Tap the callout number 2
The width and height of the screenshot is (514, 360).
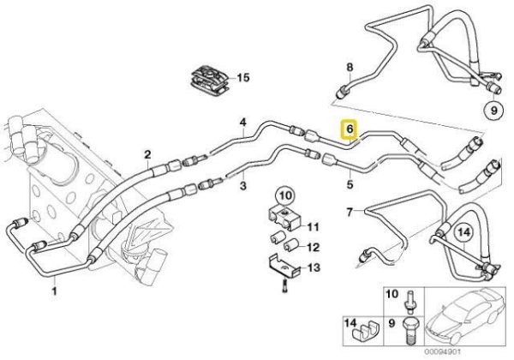click(147, 155)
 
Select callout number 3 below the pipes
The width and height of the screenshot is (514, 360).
click(242, 185)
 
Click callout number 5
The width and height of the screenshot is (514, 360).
click(350, 183)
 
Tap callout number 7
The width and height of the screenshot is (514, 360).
click(349, 211)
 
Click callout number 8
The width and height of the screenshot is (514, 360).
click(349, 67)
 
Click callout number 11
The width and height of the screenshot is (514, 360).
click(313, 227)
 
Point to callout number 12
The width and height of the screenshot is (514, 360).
click(313, 248)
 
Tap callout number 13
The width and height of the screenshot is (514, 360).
click(313, 268)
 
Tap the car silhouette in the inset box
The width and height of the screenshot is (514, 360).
click(468, 321)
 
